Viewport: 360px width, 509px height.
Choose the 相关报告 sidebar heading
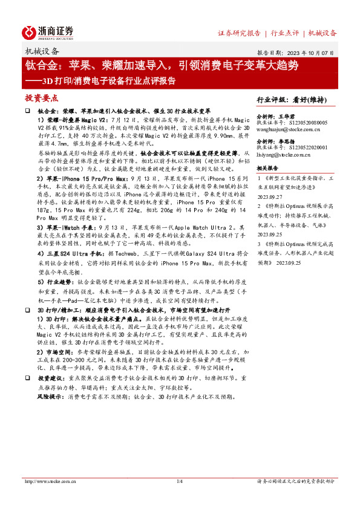pyautogui.click(x=267, y=168)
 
